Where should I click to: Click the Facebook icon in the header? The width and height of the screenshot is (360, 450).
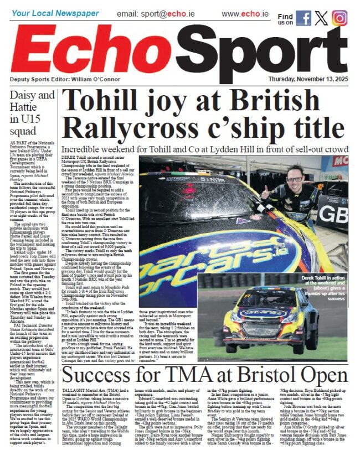click(304, 18)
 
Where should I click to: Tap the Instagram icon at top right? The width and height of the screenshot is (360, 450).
click(340, 18)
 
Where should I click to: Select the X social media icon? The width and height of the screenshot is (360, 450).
click(321, 18)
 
